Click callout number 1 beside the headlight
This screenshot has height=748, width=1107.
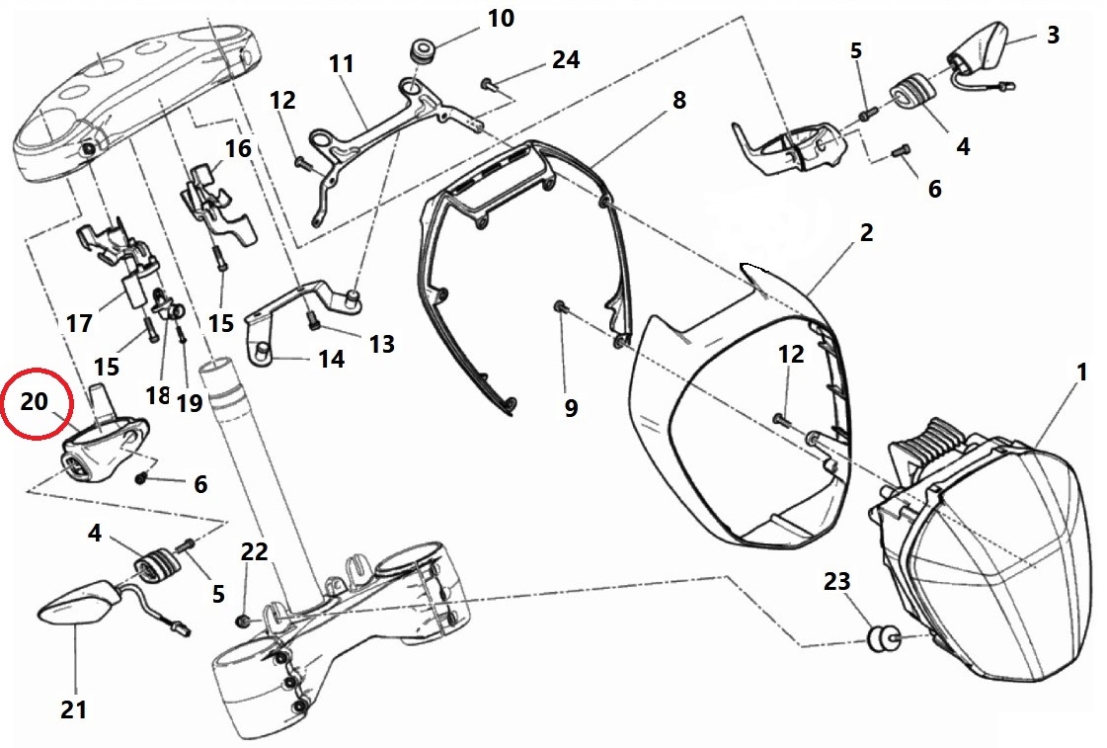(1081, 373)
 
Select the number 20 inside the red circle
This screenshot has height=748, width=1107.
(34, 402)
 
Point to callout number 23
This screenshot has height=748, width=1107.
(836, 583)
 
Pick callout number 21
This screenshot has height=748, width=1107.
(74, 708)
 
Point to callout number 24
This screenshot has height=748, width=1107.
(566, 60)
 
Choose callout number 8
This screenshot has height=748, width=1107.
(678, 101)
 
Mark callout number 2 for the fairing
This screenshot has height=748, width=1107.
(866, 233)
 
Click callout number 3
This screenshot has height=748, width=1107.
(1053, 36)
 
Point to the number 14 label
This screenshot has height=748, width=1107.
(332, 359)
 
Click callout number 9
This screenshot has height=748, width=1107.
(571, 407)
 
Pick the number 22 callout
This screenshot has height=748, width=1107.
(254, 552)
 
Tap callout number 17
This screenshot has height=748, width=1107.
(79, 323)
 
